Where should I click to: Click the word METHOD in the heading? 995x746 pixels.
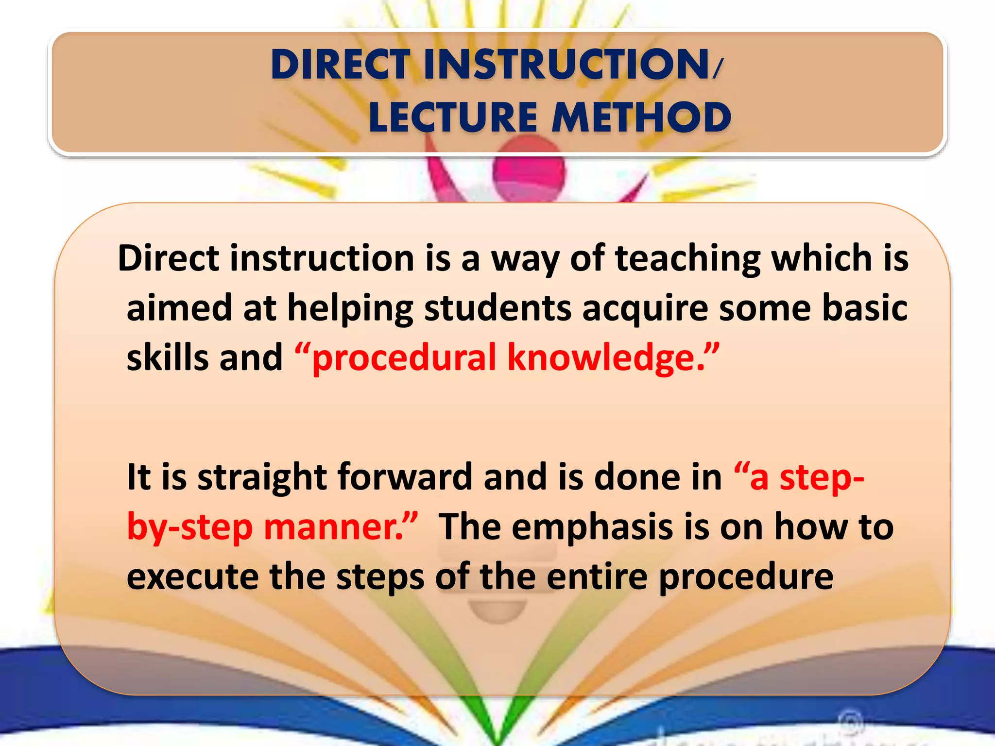tap(641, 118)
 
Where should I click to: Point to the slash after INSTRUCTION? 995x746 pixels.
tap(718, 68)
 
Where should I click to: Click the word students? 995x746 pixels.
tap(497, 308)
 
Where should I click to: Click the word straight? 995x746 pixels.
tap(262, 477)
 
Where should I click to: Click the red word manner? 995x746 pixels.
tap(335, 527)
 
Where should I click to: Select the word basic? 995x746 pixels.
tap(865, 308)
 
